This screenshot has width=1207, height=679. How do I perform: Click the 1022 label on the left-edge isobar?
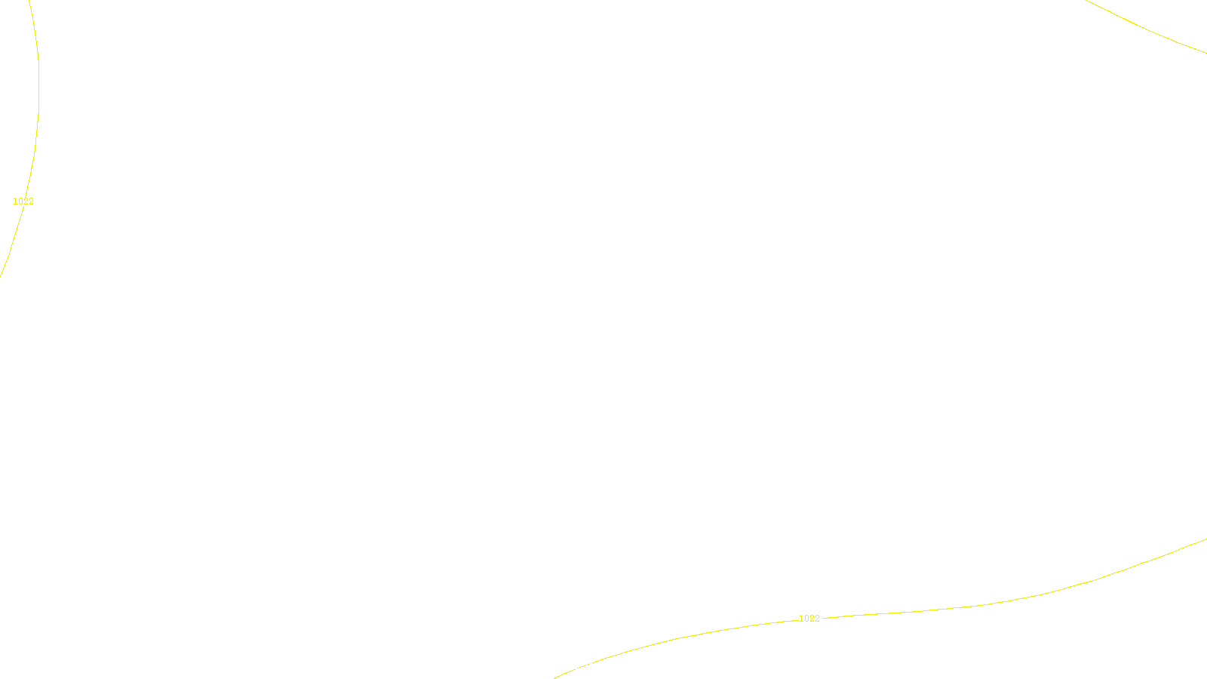(23, 201)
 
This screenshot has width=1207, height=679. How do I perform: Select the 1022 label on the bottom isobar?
(809, 619)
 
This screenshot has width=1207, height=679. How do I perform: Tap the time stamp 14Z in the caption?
(572, 666)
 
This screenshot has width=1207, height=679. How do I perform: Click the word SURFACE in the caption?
(603, 666)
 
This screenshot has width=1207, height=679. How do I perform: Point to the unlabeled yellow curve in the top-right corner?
(1147, 28)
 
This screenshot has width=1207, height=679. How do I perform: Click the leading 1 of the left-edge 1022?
(16, 201)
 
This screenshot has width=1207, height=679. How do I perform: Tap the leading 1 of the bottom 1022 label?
(802, 619)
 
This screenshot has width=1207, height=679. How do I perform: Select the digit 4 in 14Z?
(572, 666)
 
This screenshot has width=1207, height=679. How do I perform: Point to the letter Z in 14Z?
(577, 666)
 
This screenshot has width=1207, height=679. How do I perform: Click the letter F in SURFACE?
(603, 666)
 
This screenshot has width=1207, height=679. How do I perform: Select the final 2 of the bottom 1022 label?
(817, 619)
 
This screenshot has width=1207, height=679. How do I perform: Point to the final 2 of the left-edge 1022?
(31, 201)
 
